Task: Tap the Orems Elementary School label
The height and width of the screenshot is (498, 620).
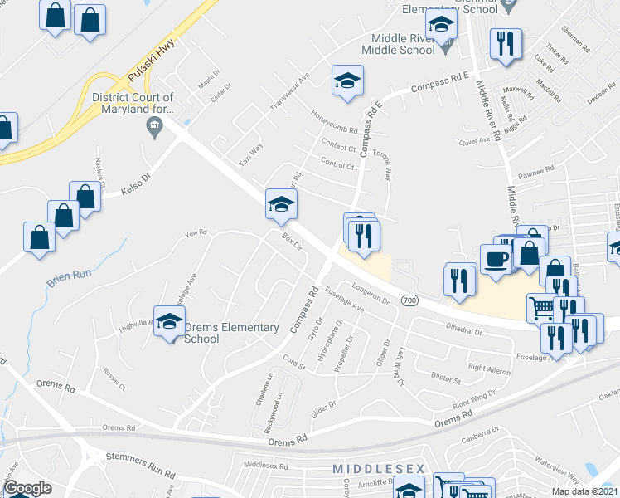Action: pos(231,333)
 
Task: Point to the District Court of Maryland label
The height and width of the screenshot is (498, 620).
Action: pos(133,102)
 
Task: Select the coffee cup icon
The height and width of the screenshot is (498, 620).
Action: pos(496,258)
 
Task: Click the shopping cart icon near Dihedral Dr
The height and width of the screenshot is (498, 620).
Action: pos(541,309)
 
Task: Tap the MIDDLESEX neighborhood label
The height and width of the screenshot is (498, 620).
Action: pos(378,470)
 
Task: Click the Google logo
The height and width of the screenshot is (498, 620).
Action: pos(27,488)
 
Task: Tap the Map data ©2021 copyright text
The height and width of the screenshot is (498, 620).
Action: pos(584,491)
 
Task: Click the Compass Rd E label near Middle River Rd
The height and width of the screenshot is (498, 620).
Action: pos(433,85)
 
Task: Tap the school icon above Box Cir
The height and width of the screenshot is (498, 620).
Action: pos(281,204)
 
